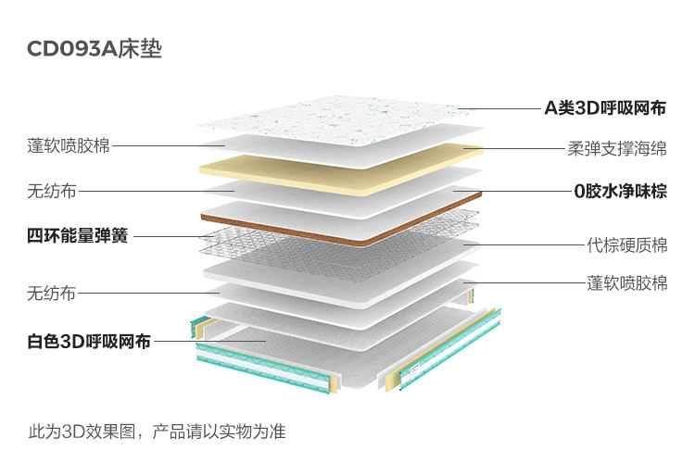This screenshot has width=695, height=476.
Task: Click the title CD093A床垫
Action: click(x=95, y=49)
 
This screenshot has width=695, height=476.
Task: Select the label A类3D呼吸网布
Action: click(x=604, y=108)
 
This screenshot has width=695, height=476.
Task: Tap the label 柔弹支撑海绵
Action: click(x=617, y=148)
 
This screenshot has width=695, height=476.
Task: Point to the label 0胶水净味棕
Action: click(x=620, y=193)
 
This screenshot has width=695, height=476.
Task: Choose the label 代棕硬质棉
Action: click(x=626, y=245)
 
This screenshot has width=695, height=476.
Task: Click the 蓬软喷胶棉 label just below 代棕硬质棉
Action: click(x=626, y=282)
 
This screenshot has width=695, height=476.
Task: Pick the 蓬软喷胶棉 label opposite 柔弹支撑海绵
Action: click(x=69, y=145)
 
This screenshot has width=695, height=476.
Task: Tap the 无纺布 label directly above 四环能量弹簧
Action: click(x=51, y=192)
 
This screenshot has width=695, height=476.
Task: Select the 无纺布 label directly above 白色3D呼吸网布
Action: click(x=51, y=294)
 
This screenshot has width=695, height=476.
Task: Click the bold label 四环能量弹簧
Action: click(x=77, y=236)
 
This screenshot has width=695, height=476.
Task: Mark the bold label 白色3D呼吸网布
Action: click(x=89, y=341)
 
